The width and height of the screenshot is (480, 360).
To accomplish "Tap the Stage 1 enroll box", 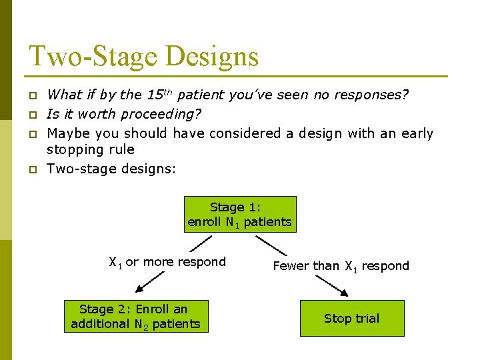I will tap(240, 214).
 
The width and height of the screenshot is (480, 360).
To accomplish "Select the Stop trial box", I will tap(351, 318).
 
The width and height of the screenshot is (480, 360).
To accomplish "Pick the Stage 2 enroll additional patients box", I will tap(135, 316).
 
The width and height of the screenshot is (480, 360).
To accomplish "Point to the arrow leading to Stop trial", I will tap(331, 285).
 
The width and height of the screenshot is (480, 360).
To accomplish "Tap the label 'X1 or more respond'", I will tap(167, 262).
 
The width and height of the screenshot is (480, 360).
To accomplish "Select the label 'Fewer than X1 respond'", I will tap(341, 266).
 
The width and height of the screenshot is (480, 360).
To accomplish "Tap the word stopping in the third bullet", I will tap(73, 149).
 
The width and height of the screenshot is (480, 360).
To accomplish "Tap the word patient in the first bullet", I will tap(202, 95).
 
